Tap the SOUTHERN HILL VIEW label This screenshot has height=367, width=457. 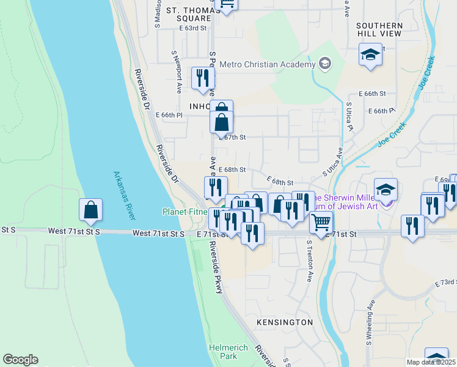coord(379,29)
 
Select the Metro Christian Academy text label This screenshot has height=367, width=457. coord(266,64)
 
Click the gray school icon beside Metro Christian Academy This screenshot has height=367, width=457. coord(324,64)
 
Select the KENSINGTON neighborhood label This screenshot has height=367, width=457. coord(285,322)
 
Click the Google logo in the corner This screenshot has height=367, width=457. coord(20,360)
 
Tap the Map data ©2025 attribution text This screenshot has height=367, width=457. coord(430,361)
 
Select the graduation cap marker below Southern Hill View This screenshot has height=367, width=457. coord(370,55)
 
